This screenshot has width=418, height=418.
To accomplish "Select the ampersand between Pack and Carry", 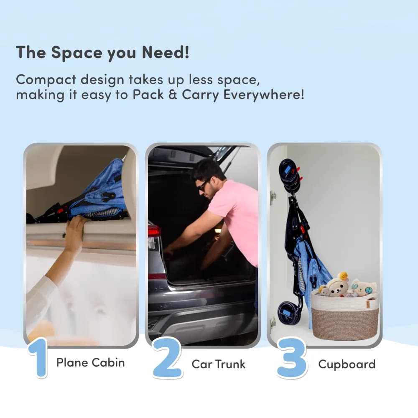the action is (x=173, y=94).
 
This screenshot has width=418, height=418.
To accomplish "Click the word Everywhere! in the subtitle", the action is (x=263, y=95).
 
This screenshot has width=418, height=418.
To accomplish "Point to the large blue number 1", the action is (x=38, y=358).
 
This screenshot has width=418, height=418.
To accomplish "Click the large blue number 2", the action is (x=168, y=358).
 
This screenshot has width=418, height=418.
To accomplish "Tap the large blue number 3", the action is (x=292, y=358).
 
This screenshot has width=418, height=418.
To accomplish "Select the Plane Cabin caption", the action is (x=91, y=362).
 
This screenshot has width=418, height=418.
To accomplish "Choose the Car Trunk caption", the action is (x=218, y=364).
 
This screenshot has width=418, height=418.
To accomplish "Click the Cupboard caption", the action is (x=347, y=364).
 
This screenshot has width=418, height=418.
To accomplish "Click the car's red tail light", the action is (x=154, y=231).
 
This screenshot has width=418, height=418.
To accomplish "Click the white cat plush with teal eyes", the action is (x=364, y=288).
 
